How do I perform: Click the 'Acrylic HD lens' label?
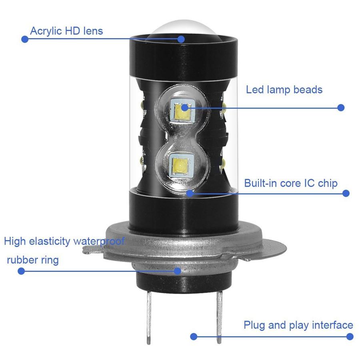(66, 31)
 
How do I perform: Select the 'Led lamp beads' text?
(284, 90)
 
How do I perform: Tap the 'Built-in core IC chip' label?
(291, 183)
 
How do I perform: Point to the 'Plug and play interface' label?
(298, 325)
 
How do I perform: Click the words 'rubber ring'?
(33, 260)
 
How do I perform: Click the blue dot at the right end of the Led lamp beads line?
(341, 107)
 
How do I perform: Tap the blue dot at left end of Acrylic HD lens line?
(25, 39)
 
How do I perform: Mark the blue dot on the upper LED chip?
(184, 107)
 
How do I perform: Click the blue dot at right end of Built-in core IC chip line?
(346, 193)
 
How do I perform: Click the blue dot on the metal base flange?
(177, 271)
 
